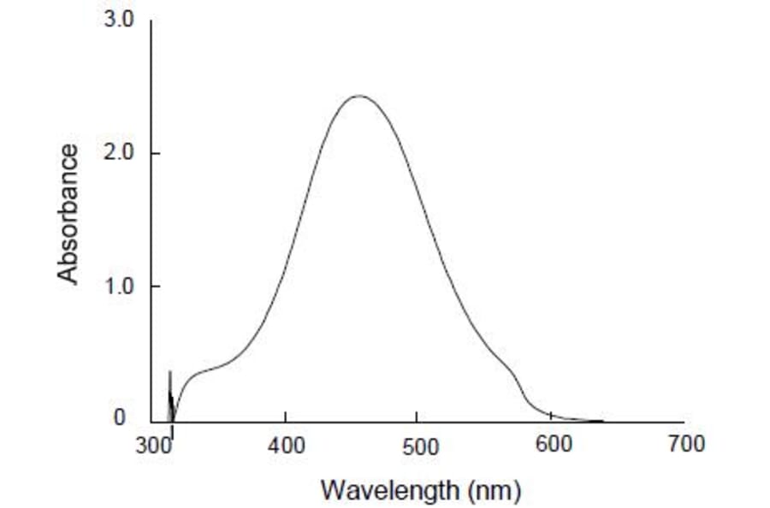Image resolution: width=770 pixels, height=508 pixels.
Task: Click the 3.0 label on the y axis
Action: (x=119, y=21)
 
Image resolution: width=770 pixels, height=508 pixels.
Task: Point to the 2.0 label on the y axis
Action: (x=119, y=154)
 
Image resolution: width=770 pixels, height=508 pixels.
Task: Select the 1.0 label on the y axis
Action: (x=119, y=286)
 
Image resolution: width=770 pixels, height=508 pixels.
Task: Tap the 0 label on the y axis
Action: (x=120, y=418)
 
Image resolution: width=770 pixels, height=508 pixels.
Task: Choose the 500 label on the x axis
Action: (x=419, y=445)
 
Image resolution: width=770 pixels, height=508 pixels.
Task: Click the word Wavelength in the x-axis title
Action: (x=388, y=490)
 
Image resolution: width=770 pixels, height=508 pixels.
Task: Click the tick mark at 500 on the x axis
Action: (x=417, y=418)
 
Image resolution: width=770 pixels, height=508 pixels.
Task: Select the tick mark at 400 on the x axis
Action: (x=285, y=418)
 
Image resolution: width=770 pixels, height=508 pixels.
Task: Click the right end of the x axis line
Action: (x=683, y=422)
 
